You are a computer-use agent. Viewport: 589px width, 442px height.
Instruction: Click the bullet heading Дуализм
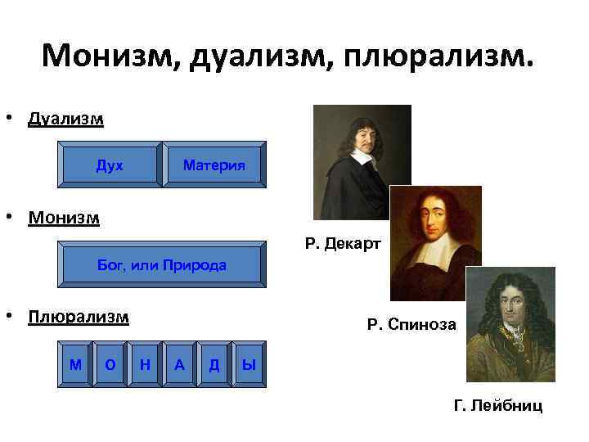point(65,120)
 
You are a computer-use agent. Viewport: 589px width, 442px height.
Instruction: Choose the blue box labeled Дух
point(110,165)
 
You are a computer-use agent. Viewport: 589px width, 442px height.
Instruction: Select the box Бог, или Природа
point(162,266)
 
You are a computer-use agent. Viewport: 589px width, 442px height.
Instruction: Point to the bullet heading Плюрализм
point(78,317)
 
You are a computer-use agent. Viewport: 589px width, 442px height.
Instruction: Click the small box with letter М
point(76,364)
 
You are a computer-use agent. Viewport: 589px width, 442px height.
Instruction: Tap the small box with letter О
point(110,364)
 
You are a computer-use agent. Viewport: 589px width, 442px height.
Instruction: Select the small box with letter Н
point(145,364)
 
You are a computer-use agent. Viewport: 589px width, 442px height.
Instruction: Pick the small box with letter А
point(179,364)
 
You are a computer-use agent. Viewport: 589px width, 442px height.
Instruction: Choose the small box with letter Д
point(214,364)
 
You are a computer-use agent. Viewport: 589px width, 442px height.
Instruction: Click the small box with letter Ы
point(249,364)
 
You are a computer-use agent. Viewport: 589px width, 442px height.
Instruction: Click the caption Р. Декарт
point(342,243)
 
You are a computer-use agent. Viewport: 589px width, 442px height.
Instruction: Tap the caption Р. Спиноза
point(411,325)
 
